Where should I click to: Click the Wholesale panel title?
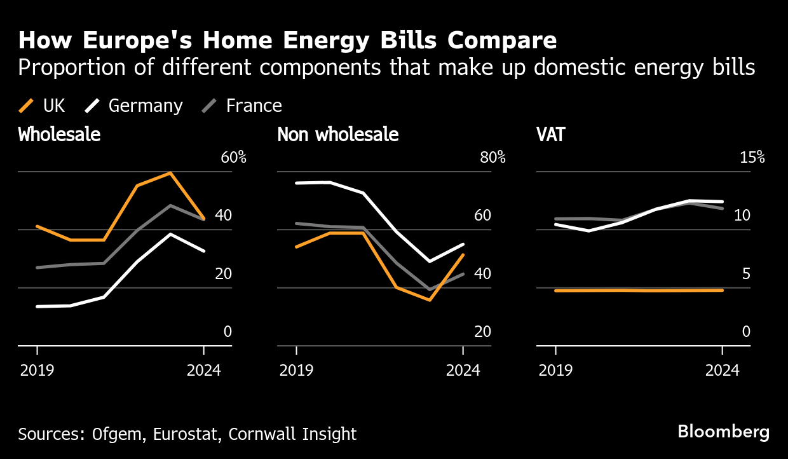(59, 135)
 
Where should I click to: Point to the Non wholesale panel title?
(337, 135)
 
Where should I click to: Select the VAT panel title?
(550, 135)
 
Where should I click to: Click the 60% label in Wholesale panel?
(233, 158)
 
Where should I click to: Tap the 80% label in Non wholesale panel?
(492, 158)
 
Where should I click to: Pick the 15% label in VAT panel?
(752, 158)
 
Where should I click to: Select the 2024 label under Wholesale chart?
(203, 370)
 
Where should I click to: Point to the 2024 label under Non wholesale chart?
(463, 370)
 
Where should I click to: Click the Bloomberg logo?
(723, 432)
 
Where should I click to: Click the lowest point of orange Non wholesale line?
(430, 299)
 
